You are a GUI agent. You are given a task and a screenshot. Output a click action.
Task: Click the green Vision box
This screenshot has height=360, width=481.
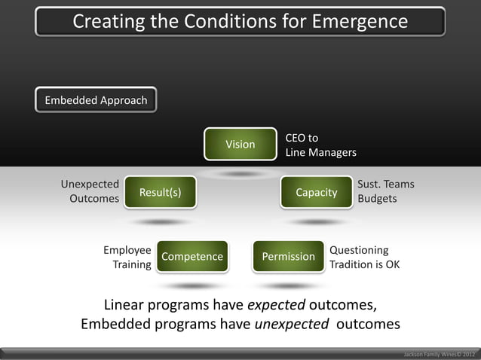tap(240, 144)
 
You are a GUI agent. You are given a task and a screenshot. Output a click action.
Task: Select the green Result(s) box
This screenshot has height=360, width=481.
tap(160, 193)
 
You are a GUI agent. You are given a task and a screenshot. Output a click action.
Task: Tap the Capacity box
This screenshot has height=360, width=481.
tap(316, 193)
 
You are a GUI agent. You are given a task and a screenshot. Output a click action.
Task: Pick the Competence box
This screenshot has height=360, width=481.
tap(192, 257)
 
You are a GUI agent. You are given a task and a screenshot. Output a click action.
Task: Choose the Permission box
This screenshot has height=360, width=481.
tap(288, 257)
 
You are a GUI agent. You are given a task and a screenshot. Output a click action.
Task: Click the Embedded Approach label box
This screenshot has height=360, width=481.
tap(96, 101)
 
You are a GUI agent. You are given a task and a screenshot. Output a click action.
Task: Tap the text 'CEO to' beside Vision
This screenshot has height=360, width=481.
tap(302, 138)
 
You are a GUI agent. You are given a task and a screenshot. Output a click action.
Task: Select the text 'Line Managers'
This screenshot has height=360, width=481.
tap(320, 153)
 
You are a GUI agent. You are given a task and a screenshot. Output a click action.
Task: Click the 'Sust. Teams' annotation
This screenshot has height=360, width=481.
tap(385, 184)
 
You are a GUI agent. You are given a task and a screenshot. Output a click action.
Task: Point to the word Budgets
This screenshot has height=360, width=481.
tap(377, 199)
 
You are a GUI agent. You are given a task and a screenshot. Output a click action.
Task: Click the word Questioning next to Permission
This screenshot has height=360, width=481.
tap(359, 249)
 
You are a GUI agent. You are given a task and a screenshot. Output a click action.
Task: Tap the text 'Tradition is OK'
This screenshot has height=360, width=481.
tap(365, 264)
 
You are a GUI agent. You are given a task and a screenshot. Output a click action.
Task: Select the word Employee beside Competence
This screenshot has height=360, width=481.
tap(127, 249)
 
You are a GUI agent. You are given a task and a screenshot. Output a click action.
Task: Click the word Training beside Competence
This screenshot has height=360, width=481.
tap(132, 264)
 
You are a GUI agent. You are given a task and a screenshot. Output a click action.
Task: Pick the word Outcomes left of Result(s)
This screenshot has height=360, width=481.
tap(94, 199)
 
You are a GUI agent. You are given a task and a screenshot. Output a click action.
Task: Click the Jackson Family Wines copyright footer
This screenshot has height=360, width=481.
tap(440, 353)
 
